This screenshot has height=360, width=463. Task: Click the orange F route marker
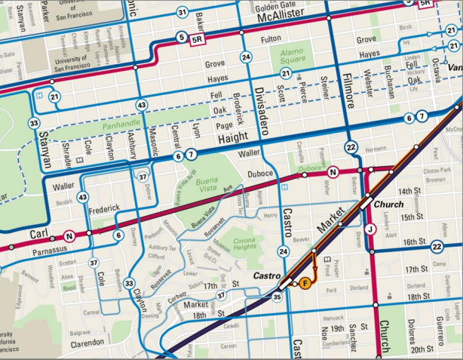pyautogui.click(x=305, y=283)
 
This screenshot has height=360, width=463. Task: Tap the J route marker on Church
pyautogui.click(x=370, y=229)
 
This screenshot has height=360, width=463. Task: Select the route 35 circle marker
pyautogui.click(x=277, y=297)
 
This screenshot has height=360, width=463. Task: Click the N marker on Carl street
pyautogui.click(x=69, y=235)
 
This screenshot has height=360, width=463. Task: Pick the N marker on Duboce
pyautogui.click(x=333, y=174)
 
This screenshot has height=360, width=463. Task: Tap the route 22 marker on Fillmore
pyautogui.click(x=351, y=146)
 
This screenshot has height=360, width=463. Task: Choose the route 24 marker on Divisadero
pyautogui.click(x=246, y=57)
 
